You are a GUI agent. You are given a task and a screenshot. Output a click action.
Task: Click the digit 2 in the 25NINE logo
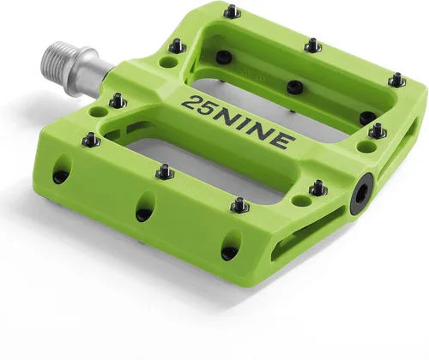click(191, 103)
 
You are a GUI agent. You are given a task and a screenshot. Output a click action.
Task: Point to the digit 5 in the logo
click(208, 110)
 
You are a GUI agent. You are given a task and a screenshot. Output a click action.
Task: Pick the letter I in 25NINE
click(249, 128)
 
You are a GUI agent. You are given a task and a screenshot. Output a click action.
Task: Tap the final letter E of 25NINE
click(283, 141)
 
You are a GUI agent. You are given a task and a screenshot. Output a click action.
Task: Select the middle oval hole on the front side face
click(146, 207)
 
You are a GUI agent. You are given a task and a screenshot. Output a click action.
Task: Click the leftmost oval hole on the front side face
click(63, 169)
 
